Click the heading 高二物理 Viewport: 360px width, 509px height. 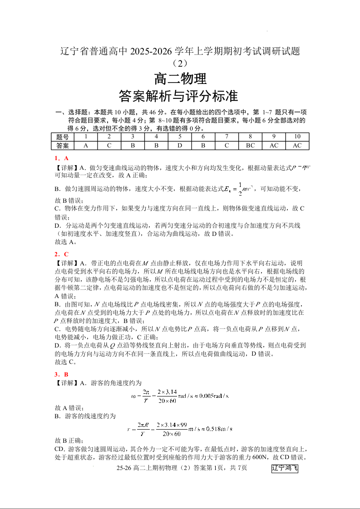pos(180,79)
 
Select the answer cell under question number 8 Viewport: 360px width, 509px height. pos(250,146)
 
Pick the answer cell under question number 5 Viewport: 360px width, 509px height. pos(179,146)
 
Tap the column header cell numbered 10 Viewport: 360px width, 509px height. pos(297,137)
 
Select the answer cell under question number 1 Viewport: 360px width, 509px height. pos(86,146)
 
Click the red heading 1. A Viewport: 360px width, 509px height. pos(61,158)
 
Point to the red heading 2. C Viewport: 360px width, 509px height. pos(61,254)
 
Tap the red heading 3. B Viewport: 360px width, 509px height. pos(61,374)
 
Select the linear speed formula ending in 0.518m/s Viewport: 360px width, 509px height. pos(180,428)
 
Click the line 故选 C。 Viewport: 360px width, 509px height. pos(65,362)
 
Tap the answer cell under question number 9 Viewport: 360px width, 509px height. pos(274,146)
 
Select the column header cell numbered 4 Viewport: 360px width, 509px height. pos(156,137)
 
